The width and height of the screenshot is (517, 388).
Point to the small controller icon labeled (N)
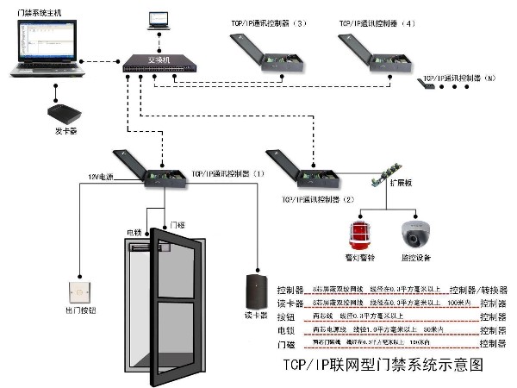[426, 82]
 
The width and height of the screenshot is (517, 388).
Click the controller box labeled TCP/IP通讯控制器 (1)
[155, 168]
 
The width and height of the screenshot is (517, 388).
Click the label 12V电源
[100, 176]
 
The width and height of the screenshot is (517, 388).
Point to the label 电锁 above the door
[134, 233]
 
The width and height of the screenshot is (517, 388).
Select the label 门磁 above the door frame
[178, 224]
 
